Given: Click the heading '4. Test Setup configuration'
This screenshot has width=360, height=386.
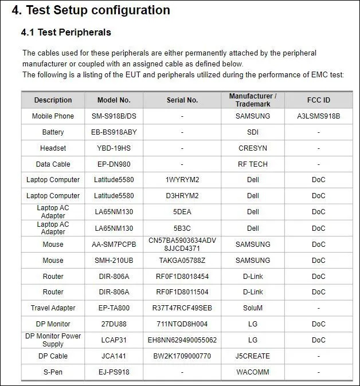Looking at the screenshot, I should [x=91, y=10].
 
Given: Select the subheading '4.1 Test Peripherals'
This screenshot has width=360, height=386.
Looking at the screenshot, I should [x=66, y=32].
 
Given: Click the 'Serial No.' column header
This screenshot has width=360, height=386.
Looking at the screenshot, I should [x=182, y=100].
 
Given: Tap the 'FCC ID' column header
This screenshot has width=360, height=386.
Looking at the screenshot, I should [x=318, y=100].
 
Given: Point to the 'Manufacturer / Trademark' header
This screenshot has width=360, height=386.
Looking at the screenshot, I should [x=253, y=100].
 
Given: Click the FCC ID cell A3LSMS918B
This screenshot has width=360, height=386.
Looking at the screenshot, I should [x=318, y=116].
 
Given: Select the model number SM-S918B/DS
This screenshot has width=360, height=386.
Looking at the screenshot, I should [x=114, y=116].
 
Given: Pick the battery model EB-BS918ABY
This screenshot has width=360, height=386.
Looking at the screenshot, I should [x=114, y=132].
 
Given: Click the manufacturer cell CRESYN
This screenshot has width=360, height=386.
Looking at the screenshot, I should [x=253, y=148].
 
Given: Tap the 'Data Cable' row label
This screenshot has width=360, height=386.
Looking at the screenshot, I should [x=53, y=164].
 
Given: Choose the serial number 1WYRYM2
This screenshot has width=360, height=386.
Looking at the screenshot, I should [x=182, y=180].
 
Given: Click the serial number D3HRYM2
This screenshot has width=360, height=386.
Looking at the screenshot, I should [x=182, y=196].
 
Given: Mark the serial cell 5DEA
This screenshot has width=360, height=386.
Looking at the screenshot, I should [x=182, y=212].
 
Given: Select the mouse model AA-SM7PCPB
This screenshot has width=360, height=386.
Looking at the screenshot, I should [x=114, y=245].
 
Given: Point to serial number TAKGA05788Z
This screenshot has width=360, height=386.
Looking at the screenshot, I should [x=182, y=261].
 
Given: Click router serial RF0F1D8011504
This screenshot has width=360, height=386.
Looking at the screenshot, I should [x=182, y=292].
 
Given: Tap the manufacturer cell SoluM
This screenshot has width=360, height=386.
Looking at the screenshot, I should [x=253, y=308].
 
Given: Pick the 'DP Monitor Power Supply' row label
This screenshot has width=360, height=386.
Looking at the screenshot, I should [x=53, y=340].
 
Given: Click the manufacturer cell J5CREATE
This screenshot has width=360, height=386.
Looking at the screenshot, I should [x=253, y=356].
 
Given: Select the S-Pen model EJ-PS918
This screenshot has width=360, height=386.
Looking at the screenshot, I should [x=114, y=372].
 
